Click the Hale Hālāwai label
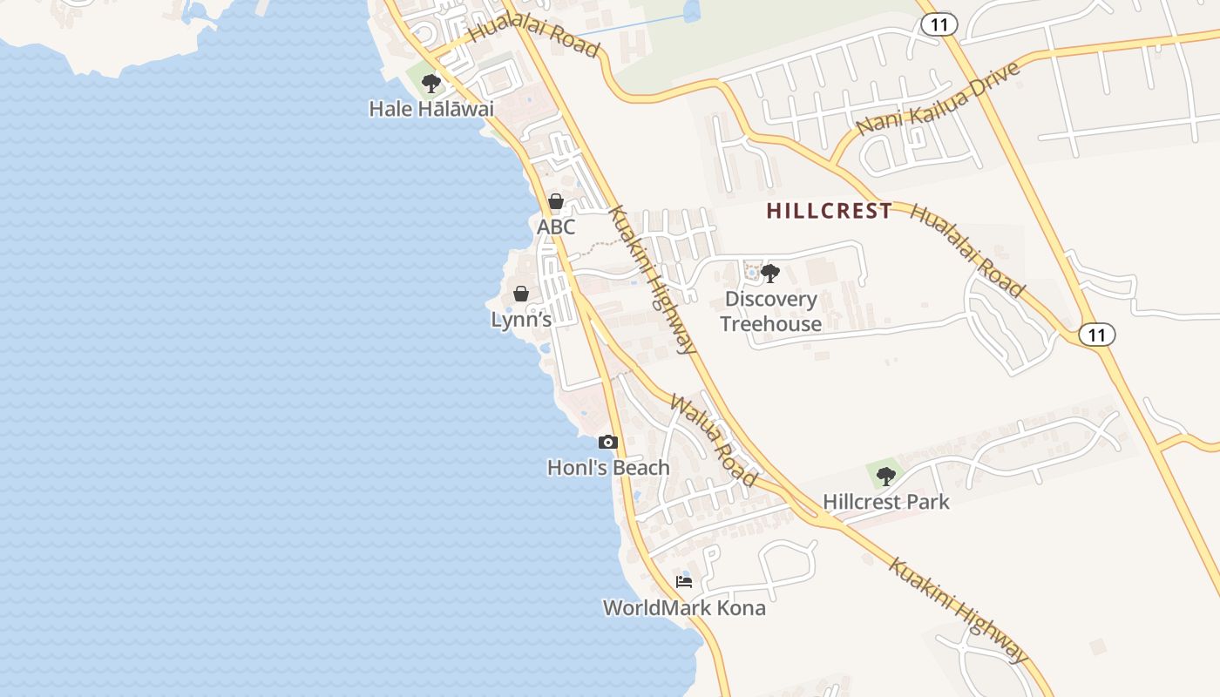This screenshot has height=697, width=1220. pos(431,109)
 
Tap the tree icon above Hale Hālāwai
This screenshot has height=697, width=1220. pos(430,84)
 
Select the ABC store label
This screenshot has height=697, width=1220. pos(556,227)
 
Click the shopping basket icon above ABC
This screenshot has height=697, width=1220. pos(556,202)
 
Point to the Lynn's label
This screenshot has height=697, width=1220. pos(521,320)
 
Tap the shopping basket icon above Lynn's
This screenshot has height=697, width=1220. pos(521,294)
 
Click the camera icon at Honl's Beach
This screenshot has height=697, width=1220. pos(608,443)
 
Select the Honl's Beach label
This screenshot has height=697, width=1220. pos(608,468)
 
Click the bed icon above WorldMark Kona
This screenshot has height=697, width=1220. pos(684,582)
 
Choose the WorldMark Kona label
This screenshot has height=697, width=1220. pos(684,608)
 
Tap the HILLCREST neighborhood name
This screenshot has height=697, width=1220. pos(830,211)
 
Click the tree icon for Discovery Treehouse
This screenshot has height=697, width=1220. pos(770,274)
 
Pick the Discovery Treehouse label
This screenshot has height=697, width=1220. pos(771,311)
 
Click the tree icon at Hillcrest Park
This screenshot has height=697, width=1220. pos(886,477)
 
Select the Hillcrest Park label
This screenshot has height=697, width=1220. pos(886,502)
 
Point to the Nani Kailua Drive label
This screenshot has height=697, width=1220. pos(938,98)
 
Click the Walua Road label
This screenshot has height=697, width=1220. pos(713,439)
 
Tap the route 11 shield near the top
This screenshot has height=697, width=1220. pos(939,24)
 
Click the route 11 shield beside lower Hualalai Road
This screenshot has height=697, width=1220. pos(1096,335)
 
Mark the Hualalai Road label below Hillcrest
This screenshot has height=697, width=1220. pos(967,251)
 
